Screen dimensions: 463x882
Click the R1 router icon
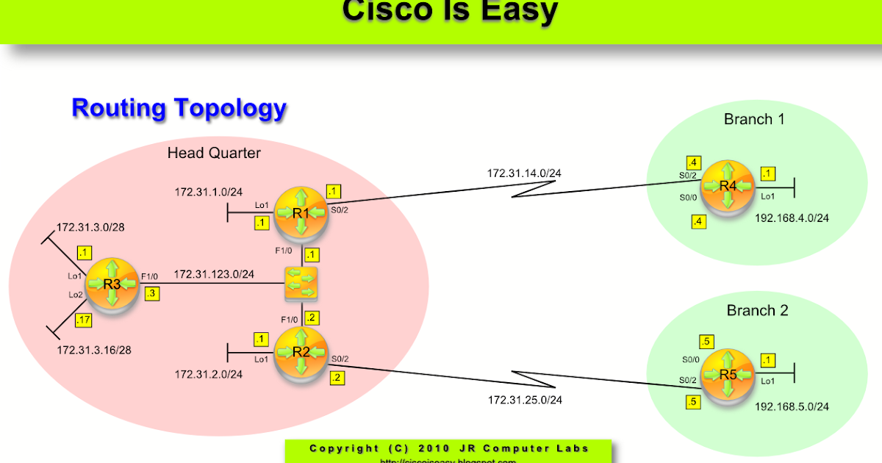(x=301, y=214)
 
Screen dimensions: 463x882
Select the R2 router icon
(x=301, y=351)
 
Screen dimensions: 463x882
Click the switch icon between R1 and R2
(x=301, y=284)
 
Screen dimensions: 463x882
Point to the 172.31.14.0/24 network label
(x=524, y=174)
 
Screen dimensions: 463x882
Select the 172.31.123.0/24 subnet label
(x=214, y=274)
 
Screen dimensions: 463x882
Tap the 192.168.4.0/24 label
(x=792, y=218)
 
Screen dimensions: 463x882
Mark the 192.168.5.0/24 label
(x=792, y=406)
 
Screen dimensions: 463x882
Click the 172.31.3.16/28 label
(x=94, y=350)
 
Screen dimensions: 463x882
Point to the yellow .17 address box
(x=83, y=319)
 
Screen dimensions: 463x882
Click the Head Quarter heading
(x=214, y=154)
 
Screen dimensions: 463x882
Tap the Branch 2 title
(x=757, y=311)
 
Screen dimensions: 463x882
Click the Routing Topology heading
(x=179, y=108)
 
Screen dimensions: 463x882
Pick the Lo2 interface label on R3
(x=76, y=295)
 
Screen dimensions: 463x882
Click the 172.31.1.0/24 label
(x=208, y=193)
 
